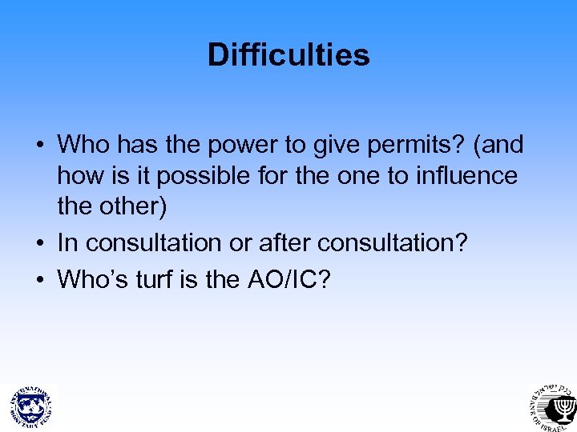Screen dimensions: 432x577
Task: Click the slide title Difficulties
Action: click(x=288, y=55)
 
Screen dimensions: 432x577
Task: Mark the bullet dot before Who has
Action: click(x=39, y=146)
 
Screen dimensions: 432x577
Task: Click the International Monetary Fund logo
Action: click(x=30, y=405)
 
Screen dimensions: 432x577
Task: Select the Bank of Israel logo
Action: click(x=551, y=405)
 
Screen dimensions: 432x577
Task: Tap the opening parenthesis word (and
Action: click(x=498, y=146)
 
